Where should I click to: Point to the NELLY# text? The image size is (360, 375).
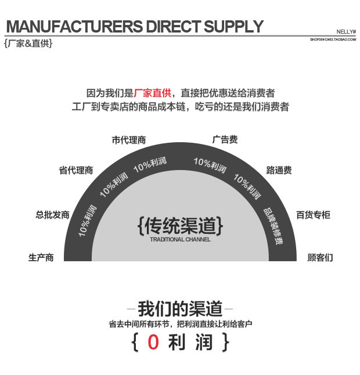(x=346, y=32)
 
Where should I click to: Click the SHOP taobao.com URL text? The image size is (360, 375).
(x=333, y=39)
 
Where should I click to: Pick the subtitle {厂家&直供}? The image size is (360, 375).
(x=28, y=43)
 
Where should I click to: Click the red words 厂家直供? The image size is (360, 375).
(x=153, y=93)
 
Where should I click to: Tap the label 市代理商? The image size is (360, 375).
(x=128, y=140)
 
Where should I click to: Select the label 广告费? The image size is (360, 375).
(x=225, y=140)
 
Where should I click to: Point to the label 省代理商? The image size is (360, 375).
(x=75, y=170)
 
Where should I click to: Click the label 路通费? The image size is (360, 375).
(x=279, y=170)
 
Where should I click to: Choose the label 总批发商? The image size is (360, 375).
(x=52, y=215)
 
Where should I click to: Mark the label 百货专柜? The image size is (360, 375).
(x=313, y=215)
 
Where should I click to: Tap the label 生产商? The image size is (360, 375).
(x=41, y=257)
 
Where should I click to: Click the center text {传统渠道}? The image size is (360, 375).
(x=180, y=225)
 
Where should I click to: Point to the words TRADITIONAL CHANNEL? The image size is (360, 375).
(x=180, y=239)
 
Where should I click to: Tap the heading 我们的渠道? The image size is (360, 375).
(x=180, y=308)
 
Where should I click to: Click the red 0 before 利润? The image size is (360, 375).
(x=153, y=342)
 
